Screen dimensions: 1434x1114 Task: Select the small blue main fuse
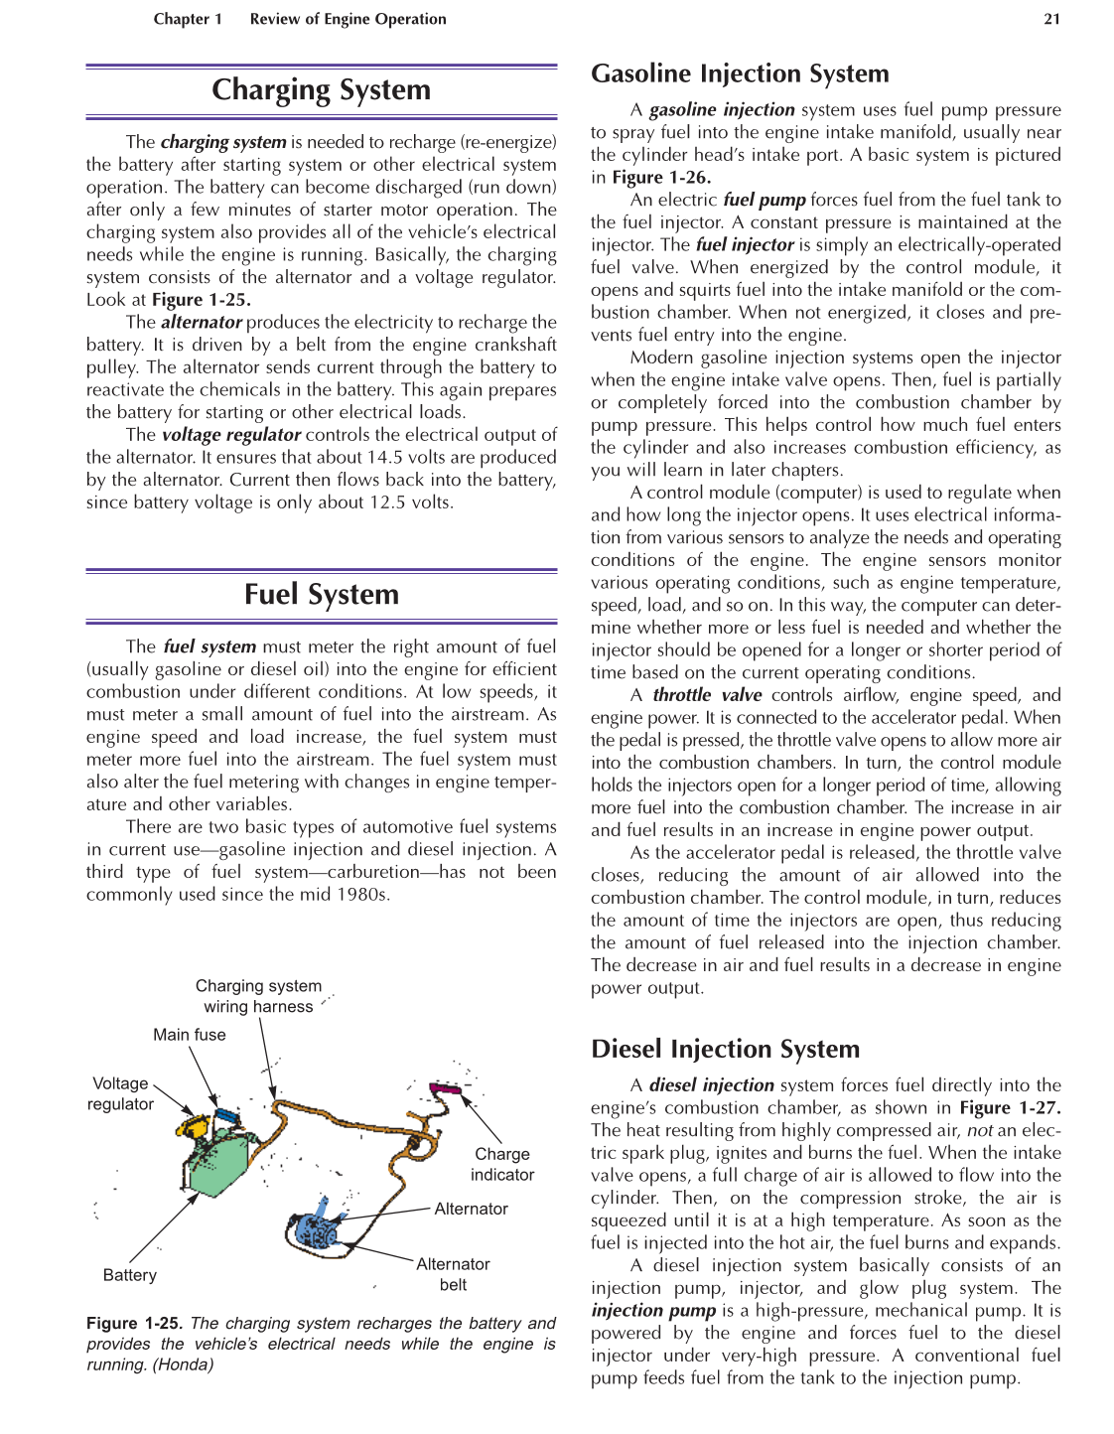coord(227,1116)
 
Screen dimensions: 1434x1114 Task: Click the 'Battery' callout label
coord(130,1275)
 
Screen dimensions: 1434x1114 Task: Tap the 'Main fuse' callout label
coord(189,1035)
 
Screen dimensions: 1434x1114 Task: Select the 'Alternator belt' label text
coord(453,1274)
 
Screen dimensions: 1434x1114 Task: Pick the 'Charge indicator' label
coord(501,1164)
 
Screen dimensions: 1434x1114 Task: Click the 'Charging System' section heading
coord(321,90)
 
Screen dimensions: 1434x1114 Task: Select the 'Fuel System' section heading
coord(321,595)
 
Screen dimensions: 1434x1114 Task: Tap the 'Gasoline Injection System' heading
coord(740,74)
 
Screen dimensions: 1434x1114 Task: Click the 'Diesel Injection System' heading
coord(725,1050)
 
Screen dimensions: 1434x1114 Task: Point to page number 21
coord(1051,19)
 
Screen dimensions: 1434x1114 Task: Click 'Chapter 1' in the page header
coord(188,19)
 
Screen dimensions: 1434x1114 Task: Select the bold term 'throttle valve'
coord(707,695)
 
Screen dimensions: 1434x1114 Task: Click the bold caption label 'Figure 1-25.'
coord(135,1324)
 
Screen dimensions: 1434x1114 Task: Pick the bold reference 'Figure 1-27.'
coord(1010,1108)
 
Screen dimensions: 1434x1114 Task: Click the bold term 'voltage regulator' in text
coord(230,435)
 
